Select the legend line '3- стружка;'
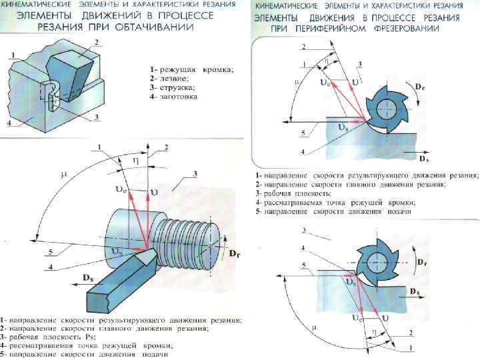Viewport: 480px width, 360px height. click(173, 87)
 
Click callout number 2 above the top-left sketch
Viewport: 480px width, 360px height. click(97, 41)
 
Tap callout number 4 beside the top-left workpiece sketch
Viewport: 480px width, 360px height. click(9, 123)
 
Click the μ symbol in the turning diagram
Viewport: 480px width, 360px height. click(64, 175)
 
